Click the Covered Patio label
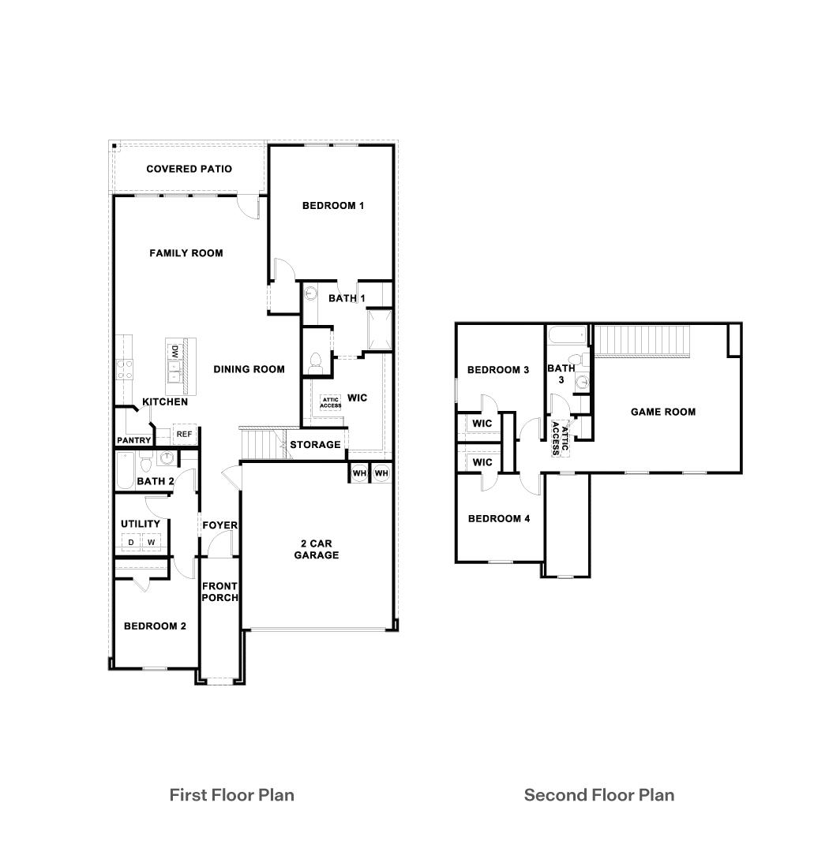coord(189,169)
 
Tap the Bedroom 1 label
coord(332,206)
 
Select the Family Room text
coord(186,253)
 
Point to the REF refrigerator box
coord(183,435)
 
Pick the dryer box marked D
coord(131,542)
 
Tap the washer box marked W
coord(151,542)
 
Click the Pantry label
coord(133,440)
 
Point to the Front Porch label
coord(219,592)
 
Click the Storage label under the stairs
coord(315,445)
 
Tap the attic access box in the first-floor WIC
coord(331,403)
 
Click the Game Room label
coord(662,412)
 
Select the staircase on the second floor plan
coord(641,341)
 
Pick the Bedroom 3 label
coord(498,370)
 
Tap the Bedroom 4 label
coord(498,519)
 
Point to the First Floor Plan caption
coord(231,794)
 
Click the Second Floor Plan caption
coord(599,794)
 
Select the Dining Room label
coord(249,369)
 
